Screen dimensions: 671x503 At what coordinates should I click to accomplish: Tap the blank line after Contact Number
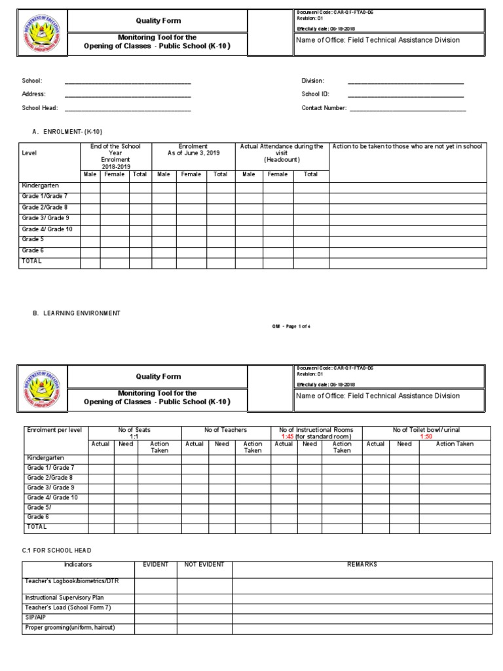click(407, 109)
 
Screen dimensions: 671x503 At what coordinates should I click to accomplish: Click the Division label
click(312, 81)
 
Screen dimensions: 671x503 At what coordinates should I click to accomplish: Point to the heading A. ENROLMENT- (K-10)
click(67, 132)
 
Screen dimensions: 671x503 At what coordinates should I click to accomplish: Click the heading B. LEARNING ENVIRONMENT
click(76, 313)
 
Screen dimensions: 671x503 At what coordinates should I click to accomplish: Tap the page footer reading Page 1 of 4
click(291, 326)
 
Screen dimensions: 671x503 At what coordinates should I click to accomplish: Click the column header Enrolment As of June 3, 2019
click(193, 150)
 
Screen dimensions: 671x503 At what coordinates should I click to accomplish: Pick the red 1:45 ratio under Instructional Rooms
click(286, 436)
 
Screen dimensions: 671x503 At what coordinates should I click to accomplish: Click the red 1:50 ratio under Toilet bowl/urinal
click(426, 436)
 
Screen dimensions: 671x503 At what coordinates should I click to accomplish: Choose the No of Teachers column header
click(225, 430)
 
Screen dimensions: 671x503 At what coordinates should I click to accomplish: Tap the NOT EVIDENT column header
click(204, 564)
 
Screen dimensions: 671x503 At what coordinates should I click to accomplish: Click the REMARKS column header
click(362, 564)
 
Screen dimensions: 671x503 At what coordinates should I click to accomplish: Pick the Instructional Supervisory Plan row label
click(64, 598)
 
